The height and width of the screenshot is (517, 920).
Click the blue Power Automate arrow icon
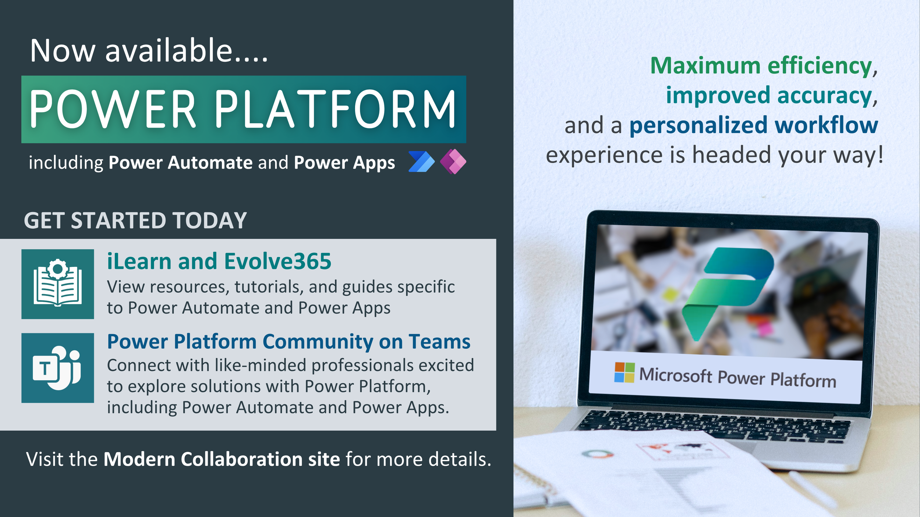pos(421,161)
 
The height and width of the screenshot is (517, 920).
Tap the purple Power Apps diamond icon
pos(453,161)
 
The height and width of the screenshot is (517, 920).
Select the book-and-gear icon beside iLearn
pos(58,284)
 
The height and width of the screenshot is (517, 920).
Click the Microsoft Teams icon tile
pos(58,368)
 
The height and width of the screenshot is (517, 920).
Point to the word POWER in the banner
pos(112,109)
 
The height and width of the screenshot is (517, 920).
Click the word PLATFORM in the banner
pos(335,109)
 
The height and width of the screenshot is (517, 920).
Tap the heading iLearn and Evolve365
pos(219,261)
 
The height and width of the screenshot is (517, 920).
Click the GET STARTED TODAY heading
pos(135,220)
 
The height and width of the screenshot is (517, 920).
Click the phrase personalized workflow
pos(754,125)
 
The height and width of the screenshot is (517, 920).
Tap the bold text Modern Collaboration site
pos(222,459)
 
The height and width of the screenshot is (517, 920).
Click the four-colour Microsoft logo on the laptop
pos(624,372)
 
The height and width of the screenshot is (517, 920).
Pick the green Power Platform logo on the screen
pos(727,292)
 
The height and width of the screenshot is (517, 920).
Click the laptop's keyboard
pos(714,427)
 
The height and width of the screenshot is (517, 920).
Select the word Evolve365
pos(278,261)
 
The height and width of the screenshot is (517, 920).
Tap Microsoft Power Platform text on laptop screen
pos(738,377)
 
